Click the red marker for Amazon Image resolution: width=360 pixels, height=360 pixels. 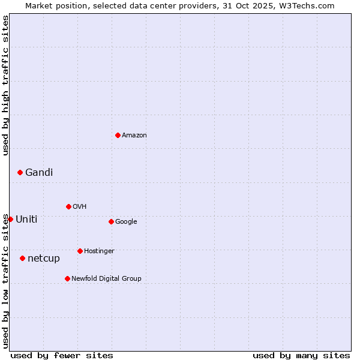click(x=118, y=135)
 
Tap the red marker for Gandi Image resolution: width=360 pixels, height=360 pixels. click(x=20, y=172)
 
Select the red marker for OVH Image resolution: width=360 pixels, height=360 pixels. click(x=68, y=206)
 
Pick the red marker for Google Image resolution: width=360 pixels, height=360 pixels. click(x=111, y=221)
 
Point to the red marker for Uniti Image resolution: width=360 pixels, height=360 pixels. click(x=10, y=219)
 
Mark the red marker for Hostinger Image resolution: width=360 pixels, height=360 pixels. click(x=80, y=251)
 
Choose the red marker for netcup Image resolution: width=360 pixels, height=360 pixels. click(x=22, y=258)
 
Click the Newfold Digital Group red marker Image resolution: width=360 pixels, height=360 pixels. click(x=67, y=278)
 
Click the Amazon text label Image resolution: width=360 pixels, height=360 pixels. click(x=134, y=135)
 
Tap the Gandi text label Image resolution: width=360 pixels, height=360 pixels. click(x=39, y=172)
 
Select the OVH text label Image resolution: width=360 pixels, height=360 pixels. click(x=80, y=206)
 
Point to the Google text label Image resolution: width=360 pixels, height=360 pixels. click(x=126, y=221)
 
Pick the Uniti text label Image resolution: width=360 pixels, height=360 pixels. click(x=26, y=219)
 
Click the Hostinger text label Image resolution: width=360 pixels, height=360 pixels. click(x=99, y=251)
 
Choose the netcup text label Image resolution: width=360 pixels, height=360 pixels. click(x=44, y=258)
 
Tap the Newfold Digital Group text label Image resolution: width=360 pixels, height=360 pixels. click(x=106, y=278)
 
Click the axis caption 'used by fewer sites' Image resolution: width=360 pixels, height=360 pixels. click(x=62, y=355)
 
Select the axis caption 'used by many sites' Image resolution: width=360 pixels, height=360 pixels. click(x=301, y=355)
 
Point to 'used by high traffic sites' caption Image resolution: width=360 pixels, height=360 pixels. click(x=5, y=85)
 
